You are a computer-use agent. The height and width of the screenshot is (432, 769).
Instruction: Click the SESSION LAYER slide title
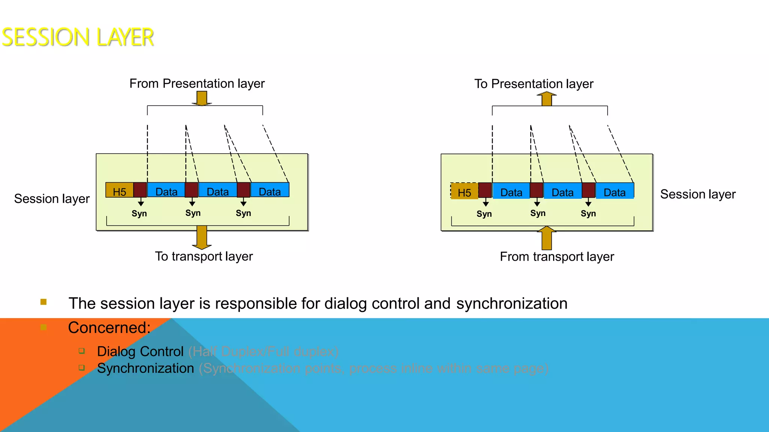point(78,37)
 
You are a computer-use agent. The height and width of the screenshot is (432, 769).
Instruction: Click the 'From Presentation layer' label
point(197,83)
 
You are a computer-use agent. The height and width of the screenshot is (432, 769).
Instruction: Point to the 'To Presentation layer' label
point(534,84)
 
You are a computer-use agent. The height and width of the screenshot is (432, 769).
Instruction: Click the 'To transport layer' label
point(204,256)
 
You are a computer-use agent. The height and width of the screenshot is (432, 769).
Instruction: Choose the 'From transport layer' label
point(557,257)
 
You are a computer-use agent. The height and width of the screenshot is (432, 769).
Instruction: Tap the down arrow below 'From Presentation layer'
point(202,98)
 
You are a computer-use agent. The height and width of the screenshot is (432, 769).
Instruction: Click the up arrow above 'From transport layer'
point(547,238)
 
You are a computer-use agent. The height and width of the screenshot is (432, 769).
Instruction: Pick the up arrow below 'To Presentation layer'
point(547,99)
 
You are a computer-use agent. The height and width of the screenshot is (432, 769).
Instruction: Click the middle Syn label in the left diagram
point(193,213)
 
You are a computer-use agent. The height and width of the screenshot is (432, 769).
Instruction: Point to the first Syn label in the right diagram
point(484,214)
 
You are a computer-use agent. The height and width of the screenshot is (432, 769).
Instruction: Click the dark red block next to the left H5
point(140,190)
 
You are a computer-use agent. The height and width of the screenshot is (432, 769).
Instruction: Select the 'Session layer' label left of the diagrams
point(52,199)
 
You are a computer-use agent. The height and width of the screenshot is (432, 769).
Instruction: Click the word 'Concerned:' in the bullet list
point(109,328)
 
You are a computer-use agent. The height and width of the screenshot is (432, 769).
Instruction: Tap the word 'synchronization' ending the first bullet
point(512,303)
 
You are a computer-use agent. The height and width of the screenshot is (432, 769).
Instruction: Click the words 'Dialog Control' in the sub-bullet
point(140,352)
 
